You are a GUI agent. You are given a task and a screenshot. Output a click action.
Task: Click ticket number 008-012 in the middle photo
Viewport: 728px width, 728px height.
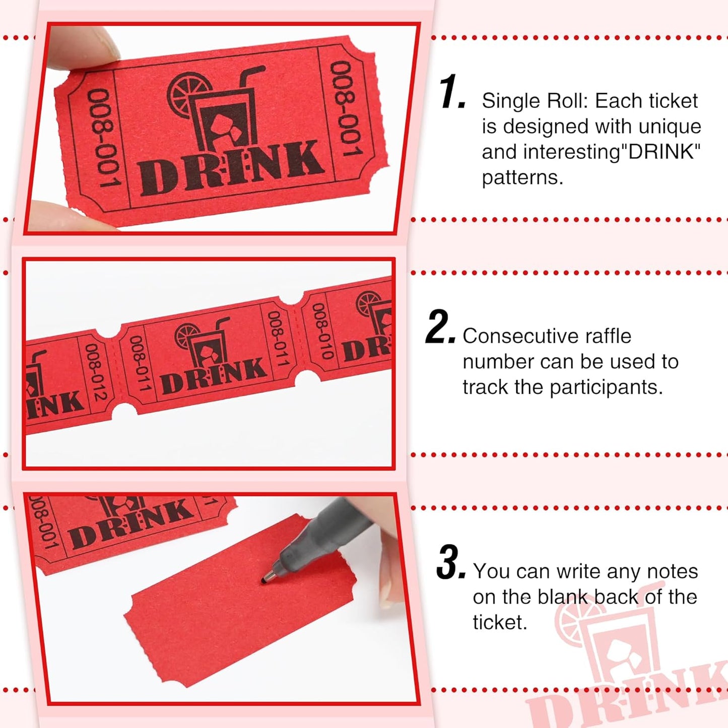click(x=95, y=372)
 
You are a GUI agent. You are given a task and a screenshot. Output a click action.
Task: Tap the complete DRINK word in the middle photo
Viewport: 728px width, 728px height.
click(x=214, y=376)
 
